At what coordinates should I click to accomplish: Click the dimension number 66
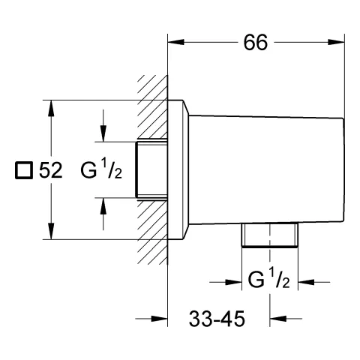(256, 43)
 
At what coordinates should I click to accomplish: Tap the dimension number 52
(50, 170)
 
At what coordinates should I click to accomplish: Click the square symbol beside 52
(24, 170)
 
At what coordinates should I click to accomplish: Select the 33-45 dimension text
(217, 319)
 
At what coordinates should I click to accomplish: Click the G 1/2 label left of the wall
(101, 170)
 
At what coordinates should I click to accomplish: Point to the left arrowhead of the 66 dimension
(175, 42)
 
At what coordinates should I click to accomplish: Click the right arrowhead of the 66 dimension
(336, 42)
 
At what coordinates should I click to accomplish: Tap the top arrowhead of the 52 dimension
(51, 108)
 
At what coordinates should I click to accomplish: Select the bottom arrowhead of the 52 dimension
(51, 232)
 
